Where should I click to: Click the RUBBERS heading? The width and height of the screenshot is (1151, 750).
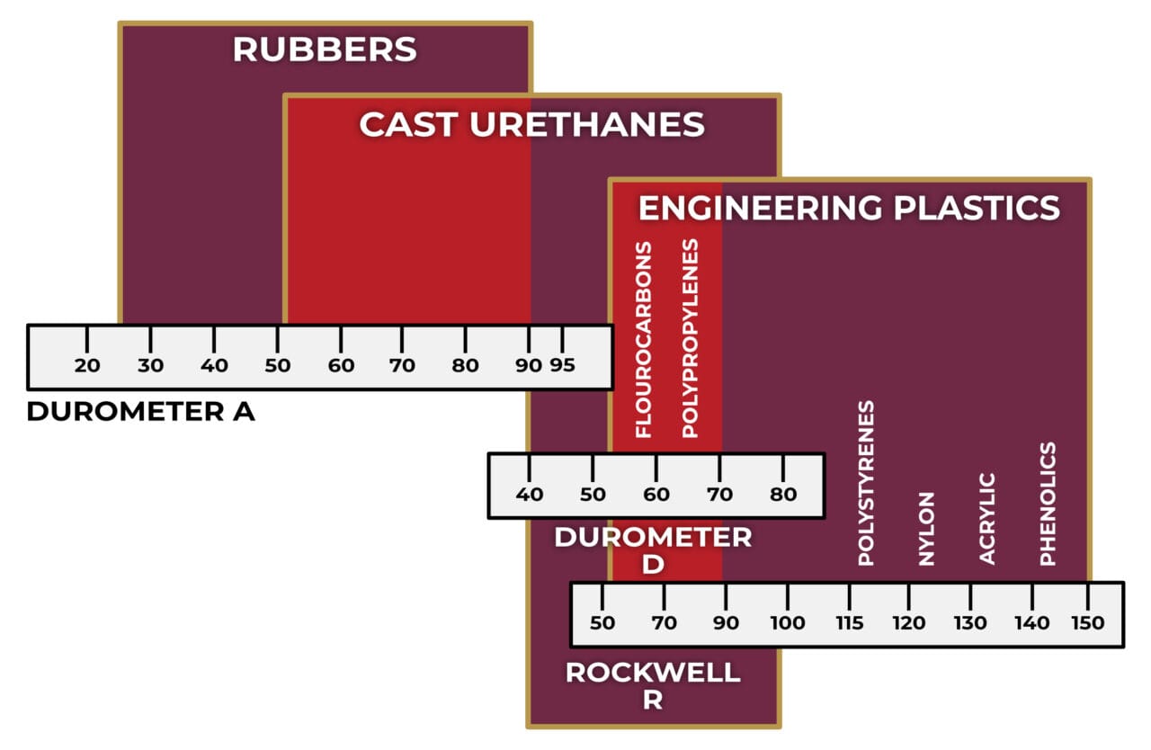coord(325,49)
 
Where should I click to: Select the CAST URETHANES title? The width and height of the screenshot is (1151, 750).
coord(531,125)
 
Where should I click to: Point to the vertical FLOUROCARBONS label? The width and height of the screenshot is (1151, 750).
coord(644,340)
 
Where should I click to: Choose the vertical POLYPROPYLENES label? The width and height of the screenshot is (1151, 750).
coord(690,338)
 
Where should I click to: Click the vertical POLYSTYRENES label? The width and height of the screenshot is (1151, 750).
coord(866,484)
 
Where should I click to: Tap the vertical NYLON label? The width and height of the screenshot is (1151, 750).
coord(926,529)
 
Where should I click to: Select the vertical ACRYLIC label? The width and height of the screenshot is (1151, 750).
coord(987,519)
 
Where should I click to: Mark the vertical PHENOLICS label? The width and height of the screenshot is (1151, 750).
coord(1048,504)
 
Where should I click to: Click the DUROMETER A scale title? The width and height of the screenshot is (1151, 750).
coord(141,412)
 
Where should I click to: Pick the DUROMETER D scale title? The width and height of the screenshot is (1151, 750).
coord(653,550)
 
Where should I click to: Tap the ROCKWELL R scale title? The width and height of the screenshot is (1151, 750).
coord(653,685)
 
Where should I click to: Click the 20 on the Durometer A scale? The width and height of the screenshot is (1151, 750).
coord(87,366)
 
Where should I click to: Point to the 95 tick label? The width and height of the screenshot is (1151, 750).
coord(562,366)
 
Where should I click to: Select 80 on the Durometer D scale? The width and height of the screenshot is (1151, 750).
coord(783,495)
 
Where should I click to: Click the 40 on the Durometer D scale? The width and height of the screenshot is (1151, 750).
coord(529,495)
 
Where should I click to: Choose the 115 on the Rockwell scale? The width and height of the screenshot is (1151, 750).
coord(849,623)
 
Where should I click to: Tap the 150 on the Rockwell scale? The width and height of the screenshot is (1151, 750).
coord(1088,623)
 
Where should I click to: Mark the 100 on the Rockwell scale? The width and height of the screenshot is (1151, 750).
coord(788,623)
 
